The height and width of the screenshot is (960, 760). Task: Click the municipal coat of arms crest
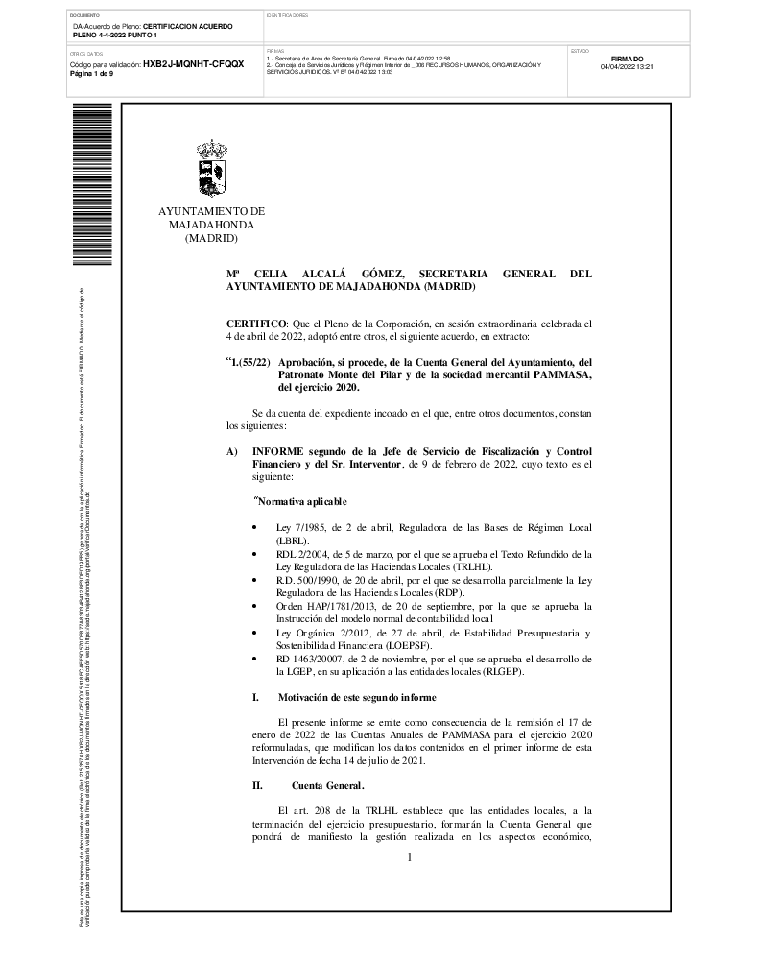pos(211,169)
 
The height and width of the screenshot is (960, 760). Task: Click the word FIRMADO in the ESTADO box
pos(627,59)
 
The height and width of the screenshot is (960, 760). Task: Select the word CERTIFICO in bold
pos(255,325)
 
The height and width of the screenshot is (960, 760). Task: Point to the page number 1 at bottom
pos(409,857)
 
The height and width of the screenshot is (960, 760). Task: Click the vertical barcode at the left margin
pos(79,182)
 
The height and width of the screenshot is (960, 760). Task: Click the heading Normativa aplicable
pos(300,502)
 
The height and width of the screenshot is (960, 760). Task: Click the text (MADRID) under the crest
pos(211,238)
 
